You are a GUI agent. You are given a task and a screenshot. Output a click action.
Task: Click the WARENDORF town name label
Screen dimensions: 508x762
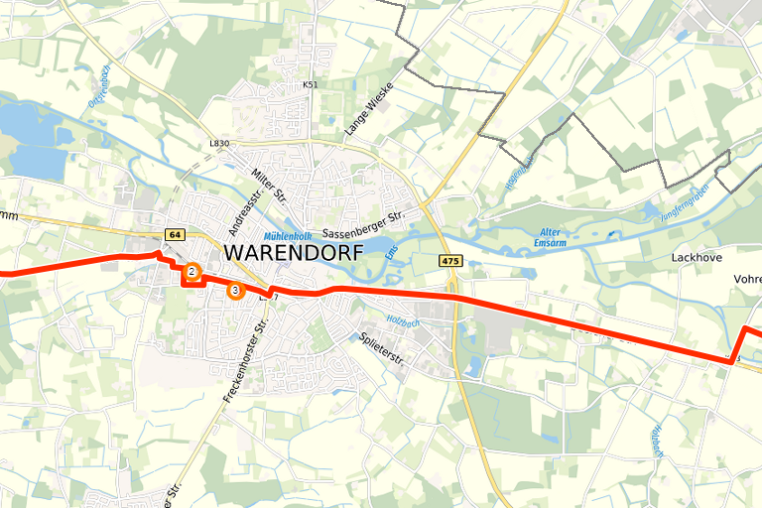pos(293,252)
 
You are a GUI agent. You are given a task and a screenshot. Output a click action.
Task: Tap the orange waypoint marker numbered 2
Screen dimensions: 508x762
pos(191,271)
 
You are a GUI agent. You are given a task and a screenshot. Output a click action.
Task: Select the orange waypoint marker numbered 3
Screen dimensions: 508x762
pos(234,290)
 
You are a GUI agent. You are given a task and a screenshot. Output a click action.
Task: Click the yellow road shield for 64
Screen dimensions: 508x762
pos(175,235)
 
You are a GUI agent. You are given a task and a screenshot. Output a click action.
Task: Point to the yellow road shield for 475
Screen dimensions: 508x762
pos(451,260)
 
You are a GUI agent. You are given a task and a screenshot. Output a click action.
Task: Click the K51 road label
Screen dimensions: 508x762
pos(311,85)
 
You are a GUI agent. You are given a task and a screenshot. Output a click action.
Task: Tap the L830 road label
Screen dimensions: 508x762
pos(219,144)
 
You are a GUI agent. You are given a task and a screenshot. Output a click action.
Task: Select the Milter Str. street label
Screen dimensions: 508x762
pos(269,188)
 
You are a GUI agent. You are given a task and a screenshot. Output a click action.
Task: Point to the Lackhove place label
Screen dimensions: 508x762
pos(695,257)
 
